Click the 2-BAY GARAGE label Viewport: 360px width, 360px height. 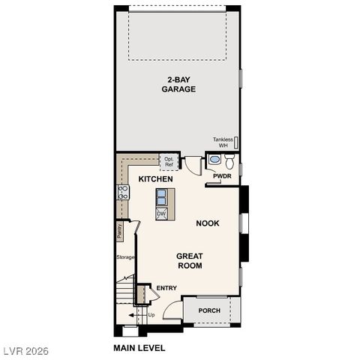178,84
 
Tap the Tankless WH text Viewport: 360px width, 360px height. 223,142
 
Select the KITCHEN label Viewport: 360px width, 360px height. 155,179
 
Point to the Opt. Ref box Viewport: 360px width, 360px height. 169,161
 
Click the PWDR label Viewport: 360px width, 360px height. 222,176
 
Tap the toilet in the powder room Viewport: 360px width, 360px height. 229,160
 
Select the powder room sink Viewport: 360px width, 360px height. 214,160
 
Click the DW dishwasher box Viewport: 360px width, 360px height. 161,214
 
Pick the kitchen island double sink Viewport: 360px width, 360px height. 161,196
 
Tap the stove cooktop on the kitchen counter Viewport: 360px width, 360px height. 123,192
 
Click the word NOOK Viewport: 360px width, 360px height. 208,223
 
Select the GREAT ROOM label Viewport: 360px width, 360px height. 190,261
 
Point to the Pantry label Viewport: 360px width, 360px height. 119,231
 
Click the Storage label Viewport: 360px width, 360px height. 125,257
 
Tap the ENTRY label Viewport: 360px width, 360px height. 166,288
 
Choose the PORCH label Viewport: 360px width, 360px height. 209,310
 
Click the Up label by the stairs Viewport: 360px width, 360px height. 151,314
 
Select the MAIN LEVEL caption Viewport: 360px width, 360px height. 139,348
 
